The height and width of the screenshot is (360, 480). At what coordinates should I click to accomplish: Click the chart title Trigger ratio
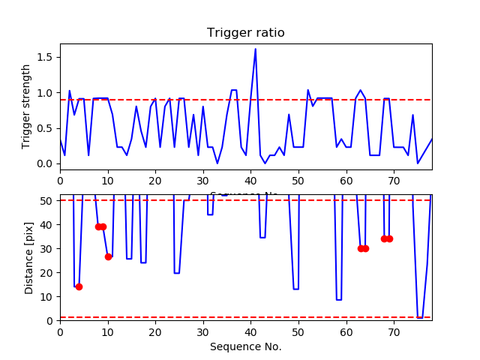245,33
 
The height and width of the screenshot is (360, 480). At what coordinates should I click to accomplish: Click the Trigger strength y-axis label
26,106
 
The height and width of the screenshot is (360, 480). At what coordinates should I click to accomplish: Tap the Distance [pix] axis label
29,257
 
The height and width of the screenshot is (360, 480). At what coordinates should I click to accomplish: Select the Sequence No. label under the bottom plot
245,346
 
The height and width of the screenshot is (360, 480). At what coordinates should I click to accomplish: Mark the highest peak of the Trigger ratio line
255,49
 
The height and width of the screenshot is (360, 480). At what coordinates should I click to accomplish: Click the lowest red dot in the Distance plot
79,286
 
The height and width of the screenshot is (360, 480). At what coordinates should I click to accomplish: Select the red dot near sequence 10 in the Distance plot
108,256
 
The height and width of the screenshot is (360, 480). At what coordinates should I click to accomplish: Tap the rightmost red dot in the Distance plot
389,238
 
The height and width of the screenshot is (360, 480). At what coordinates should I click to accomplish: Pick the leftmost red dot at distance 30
361,248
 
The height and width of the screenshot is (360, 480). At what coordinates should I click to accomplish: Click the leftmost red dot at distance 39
98,226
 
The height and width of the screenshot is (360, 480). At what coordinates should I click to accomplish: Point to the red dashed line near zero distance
225,317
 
